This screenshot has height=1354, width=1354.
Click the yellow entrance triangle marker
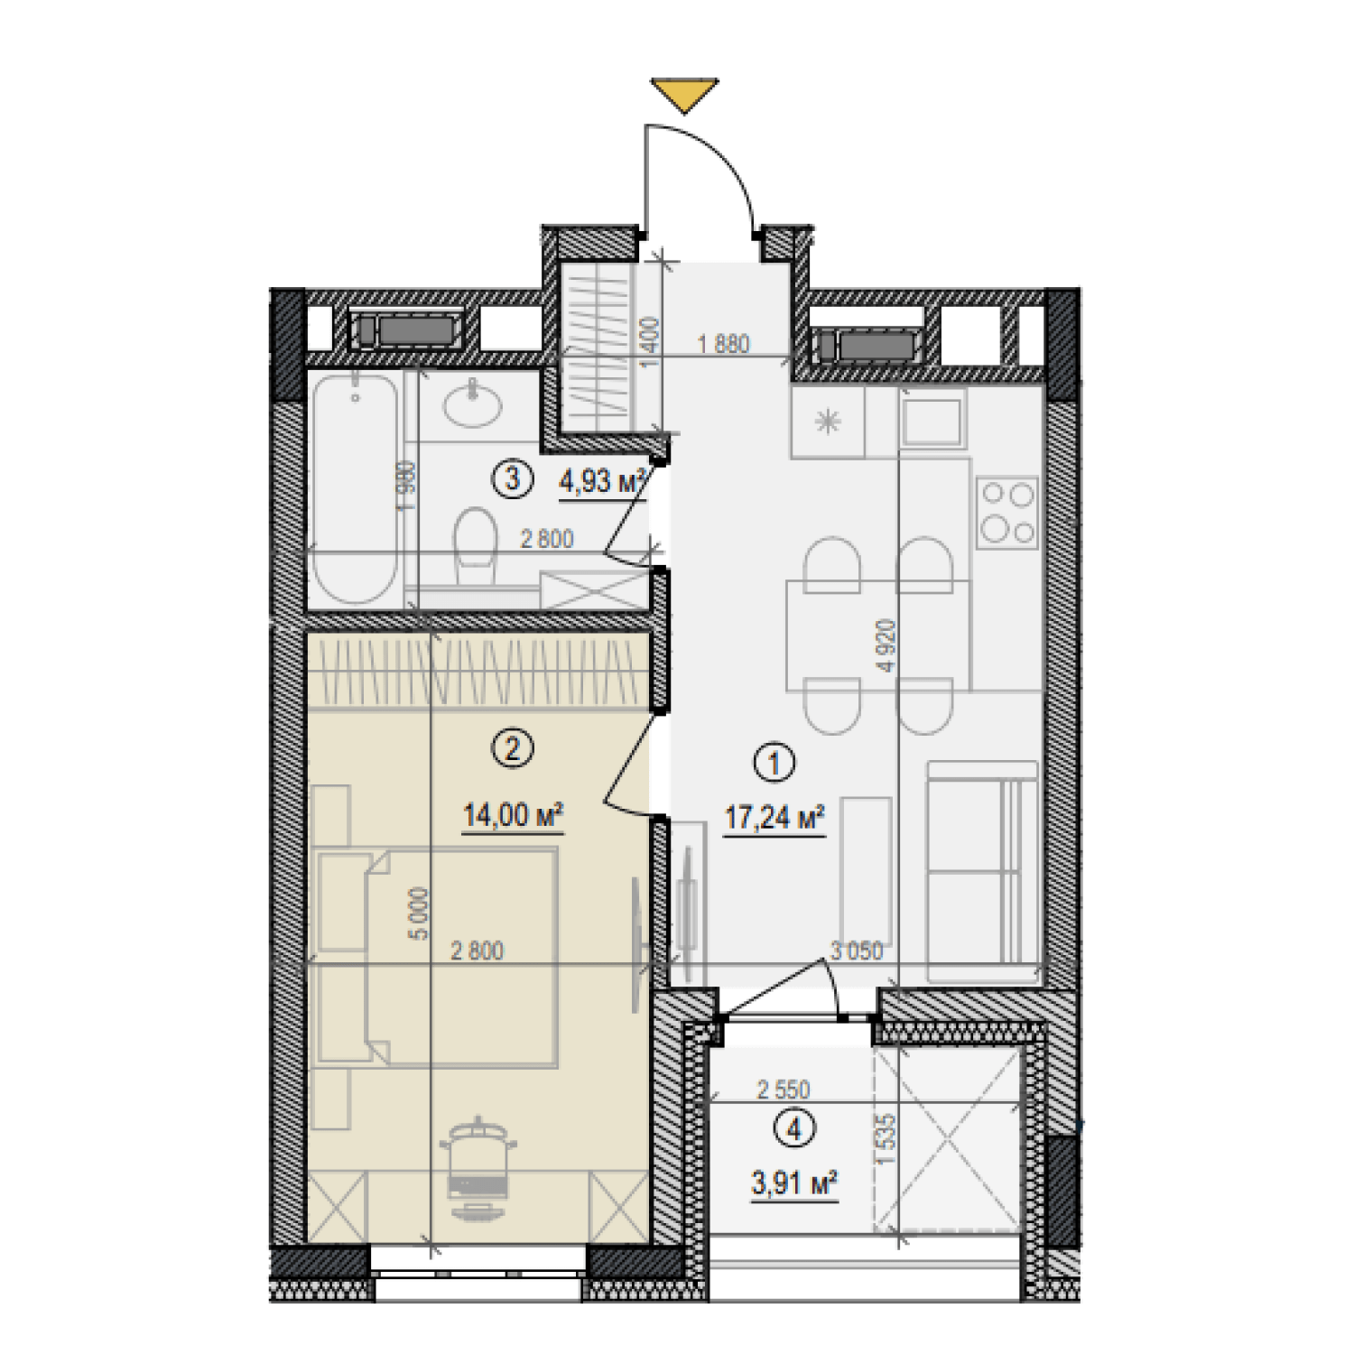click(x=684, y=93)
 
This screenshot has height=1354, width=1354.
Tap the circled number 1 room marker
click(x=774, y=764)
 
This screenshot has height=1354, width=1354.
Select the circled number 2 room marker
click(x=513, y=748)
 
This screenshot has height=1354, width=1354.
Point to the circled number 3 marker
click(x=512, y=478)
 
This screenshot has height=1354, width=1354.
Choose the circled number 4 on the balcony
click(x=794, y=1129)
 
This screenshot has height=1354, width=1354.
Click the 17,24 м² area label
click(x=774, y=819)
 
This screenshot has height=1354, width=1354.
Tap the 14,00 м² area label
click(x=513, y=815)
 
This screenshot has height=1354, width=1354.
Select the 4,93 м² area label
click(x=602, y=481)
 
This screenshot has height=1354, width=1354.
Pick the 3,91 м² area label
click(x=793, y=1182)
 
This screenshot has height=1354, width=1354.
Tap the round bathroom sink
click(x=471, y=402)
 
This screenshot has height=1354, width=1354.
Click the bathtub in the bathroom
click(x=354, y=489)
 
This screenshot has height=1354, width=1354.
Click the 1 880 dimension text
click(x=723, y=343)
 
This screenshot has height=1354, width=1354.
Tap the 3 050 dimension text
click(x=856, y=951)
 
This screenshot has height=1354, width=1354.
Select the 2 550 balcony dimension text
click(x=783, y=1090)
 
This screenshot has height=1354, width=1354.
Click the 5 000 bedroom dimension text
click(x=419, y=913)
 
